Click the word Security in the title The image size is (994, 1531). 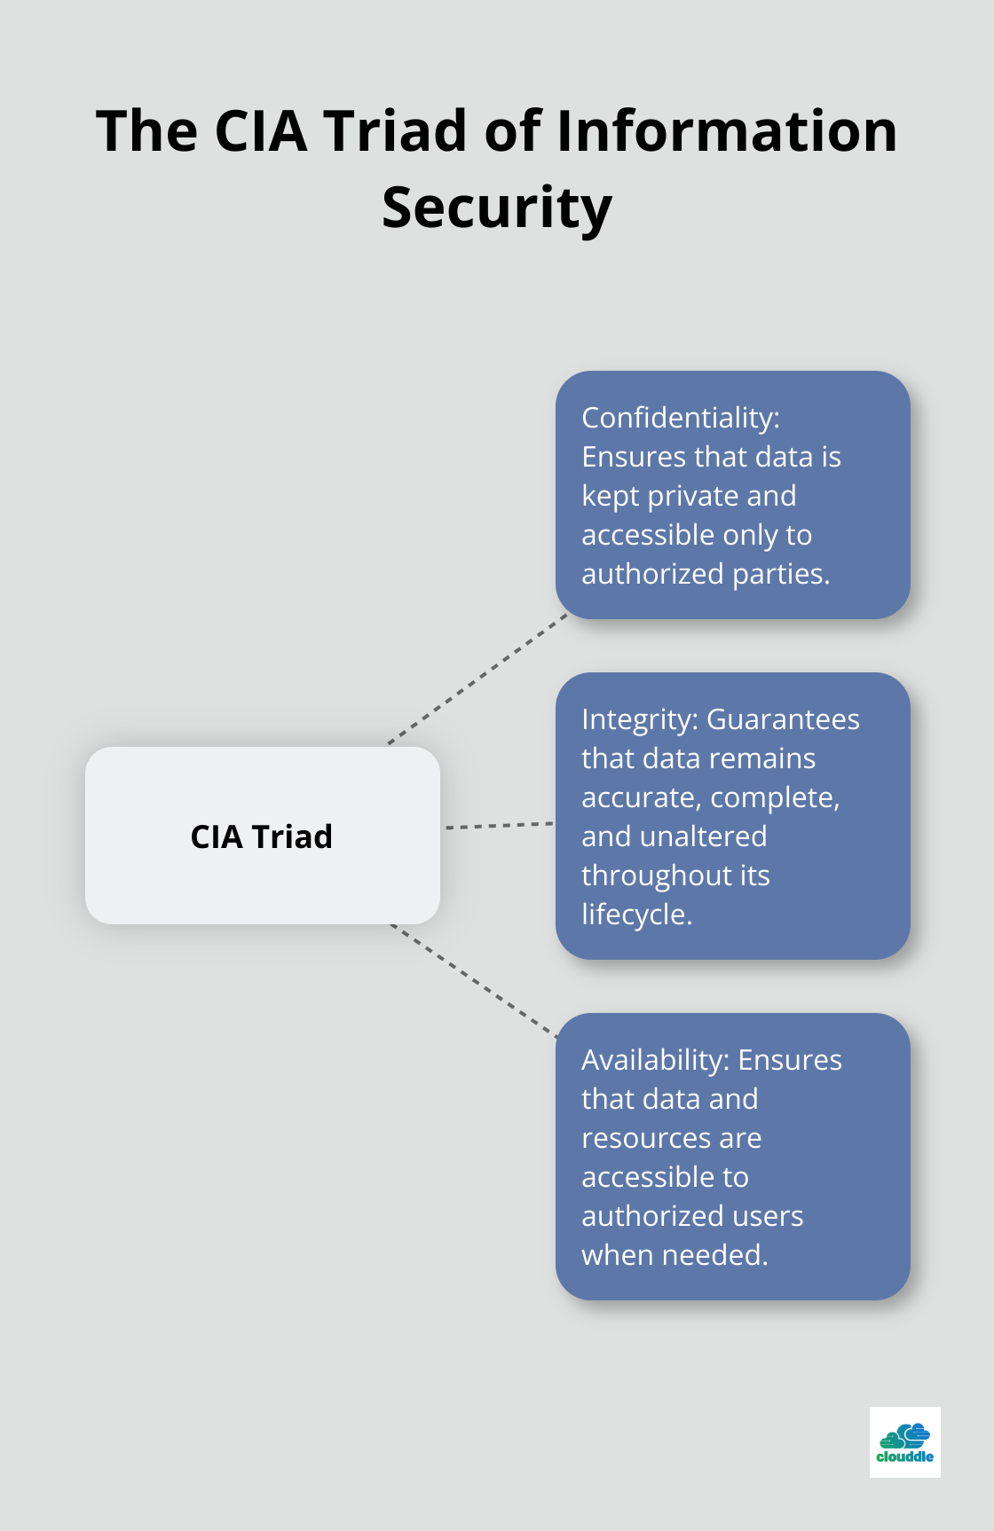pos(497,208)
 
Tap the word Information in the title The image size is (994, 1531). pos(727,131)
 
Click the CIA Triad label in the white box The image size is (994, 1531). pos(262,836)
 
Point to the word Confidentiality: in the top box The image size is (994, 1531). pos(681,418)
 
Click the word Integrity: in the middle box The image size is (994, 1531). pos(640,719)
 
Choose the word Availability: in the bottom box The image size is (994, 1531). pos(655,1060)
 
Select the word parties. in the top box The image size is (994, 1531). pos(781,574)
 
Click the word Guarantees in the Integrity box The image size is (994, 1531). pos(783,719)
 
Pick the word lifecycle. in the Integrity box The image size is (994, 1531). pos(636,915)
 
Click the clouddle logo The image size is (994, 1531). pos(904,1441)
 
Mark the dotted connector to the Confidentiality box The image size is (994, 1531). pos(477,679)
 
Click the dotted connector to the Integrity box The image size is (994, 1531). pos(499,826)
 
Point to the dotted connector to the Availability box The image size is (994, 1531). pos(474,980)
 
